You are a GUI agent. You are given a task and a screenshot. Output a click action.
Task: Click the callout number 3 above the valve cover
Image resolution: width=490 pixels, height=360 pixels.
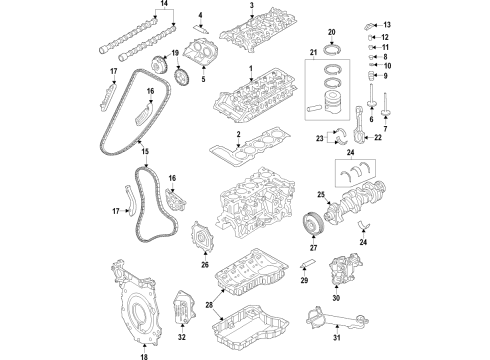pos(252,5)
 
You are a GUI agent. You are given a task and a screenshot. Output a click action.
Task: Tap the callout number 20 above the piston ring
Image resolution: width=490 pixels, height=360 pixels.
pos(331,32)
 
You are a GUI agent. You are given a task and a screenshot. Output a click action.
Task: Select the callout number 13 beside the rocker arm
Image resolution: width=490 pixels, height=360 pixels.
pos(387,25)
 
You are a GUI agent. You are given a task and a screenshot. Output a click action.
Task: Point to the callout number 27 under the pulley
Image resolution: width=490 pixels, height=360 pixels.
pos(313,248)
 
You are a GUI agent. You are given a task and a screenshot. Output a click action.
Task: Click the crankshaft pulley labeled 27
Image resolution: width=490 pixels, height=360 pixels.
pos(313,223)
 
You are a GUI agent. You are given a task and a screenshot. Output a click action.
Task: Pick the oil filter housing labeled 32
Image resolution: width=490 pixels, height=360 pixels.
pos(182,306)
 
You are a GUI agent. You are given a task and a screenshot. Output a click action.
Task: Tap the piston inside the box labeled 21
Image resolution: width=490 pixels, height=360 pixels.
pos(335,103)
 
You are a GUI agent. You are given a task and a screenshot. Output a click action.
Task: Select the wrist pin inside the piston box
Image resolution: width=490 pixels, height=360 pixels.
pos(314,109)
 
